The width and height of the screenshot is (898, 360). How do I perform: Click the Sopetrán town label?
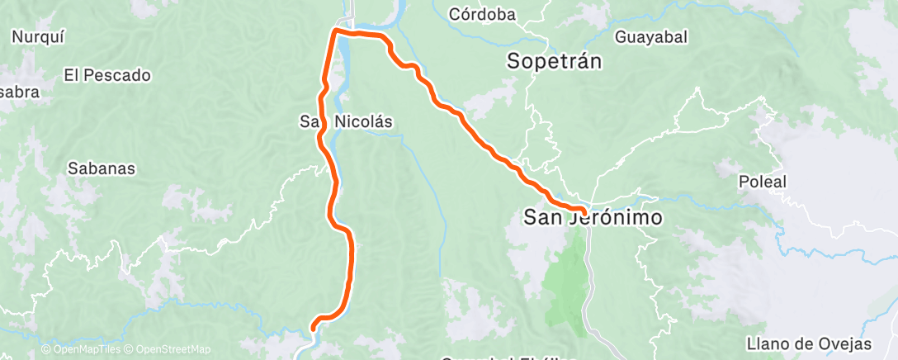(555, 61)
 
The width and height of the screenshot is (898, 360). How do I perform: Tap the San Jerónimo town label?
(594, 217)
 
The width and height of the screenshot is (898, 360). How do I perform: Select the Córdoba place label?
(482, 14)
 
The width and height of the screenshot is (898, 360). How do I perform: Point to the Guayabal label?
(651, 37)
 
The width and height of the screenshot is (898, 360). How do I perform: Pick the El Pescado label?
(107, 75)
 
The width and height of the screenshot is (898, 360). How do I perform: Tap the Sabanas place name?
(102, 168)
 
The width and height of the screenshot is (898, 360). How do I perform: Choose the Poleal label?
(763, 182)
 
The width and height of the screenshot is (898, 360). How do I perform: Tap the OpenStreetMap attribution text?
(168, 350)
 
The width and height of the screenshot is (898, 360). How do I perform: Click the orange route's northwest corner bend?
(335, 31)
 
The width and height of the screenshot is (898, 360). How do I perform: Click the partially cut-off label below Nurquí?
(18, 92)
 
